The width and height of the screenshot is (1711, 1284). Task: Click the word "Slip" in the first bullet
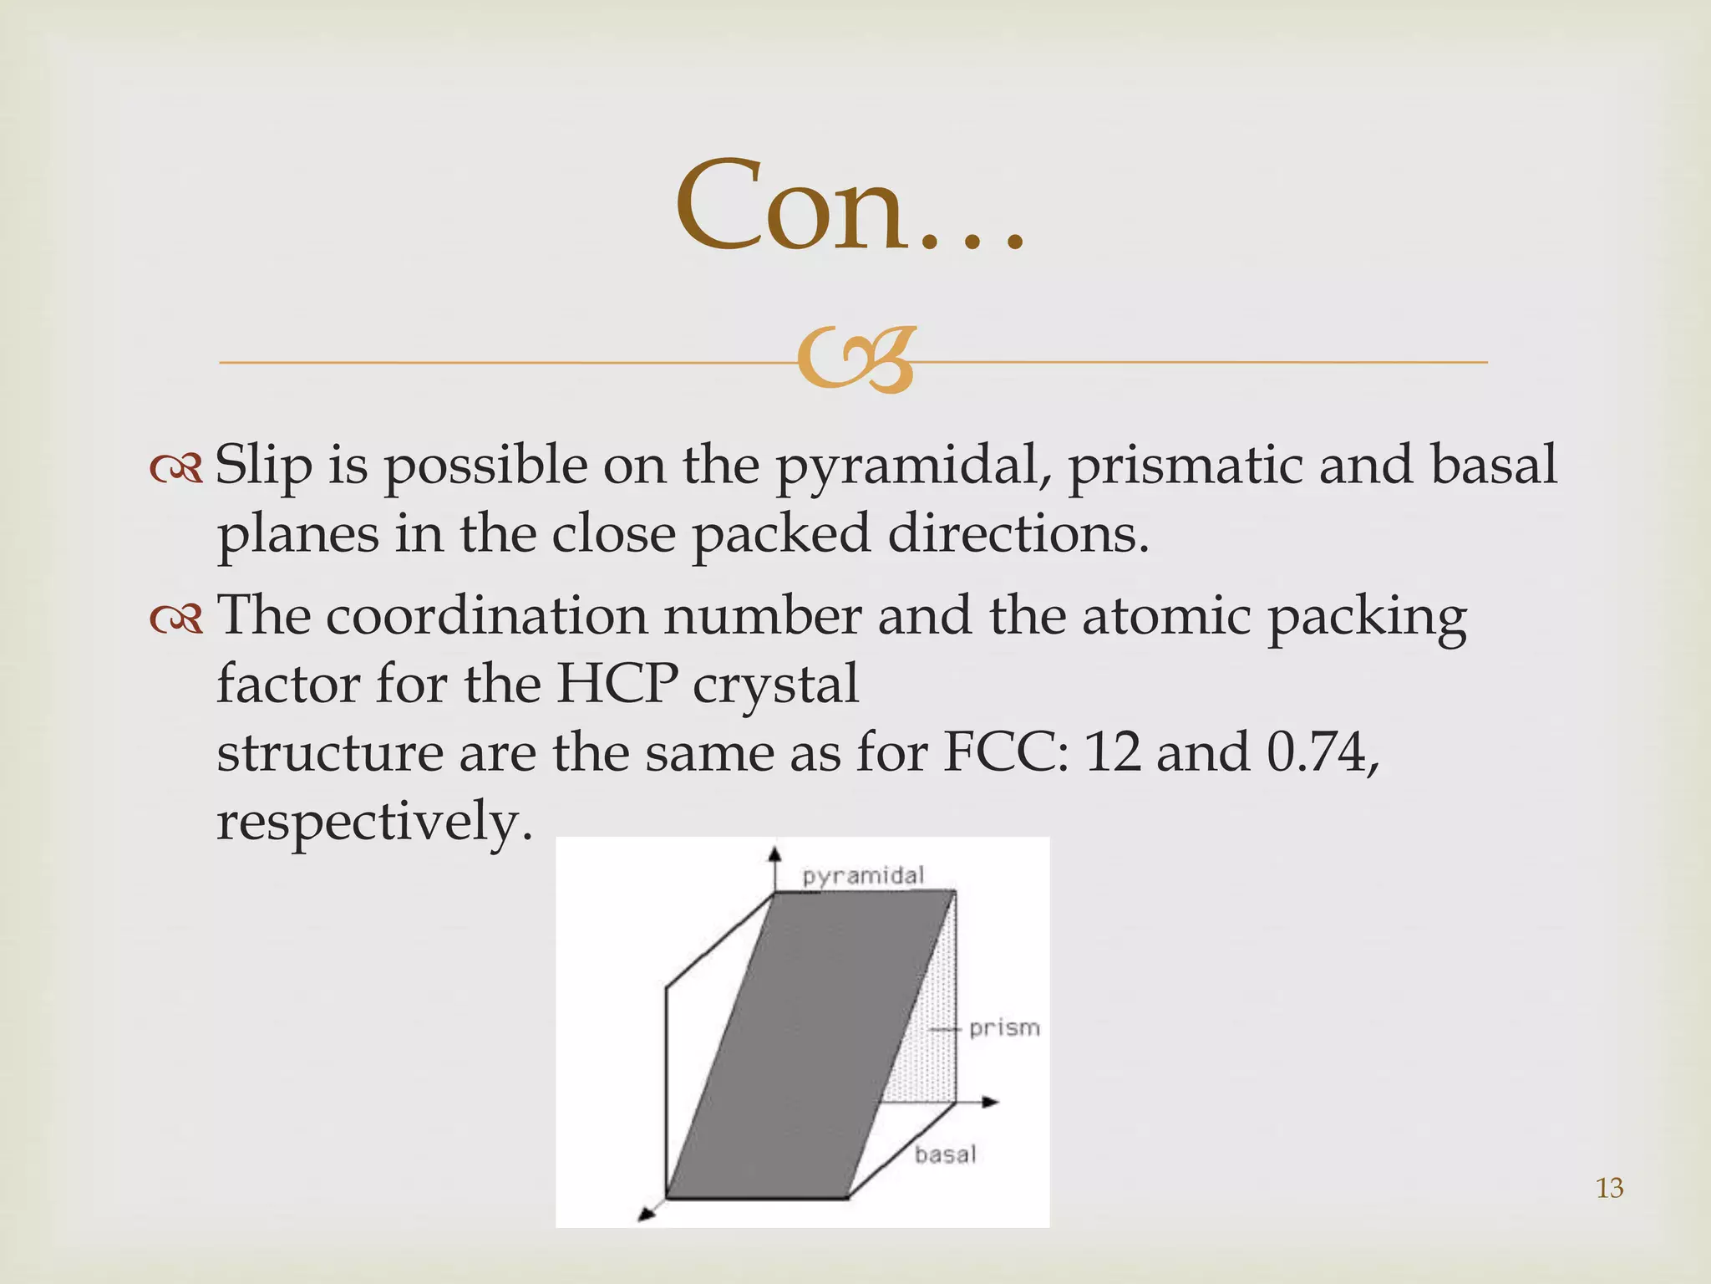(x=263, y=465)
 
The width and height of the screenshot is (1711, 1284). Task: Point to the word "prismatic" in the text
(x=1186, y=466)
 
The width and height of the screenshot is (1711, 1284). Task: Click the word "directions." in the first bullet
(x=1018, y=534)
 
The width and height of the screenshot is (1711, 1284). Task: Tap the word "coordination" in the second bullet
(x=487, y=617)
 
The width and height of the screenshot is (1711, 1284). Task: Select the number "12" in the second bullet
(x=1112, y=753)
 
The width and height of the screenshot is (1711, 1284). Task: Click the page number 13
(x=1609, y=1188)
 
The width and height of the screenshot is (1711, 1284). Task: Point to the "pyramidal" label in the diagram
(x=863, y=876)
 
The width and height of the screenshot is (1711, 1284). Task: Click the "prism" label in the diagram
(x=1004, y=1027)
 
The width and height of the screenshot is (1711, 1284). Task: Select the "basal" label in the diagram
(x=945, y=1154)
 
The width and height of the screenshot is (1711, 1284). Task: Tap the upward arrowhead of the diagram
(x=775, y=853)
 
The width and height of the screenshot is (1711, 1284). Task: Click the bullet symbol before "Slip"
(x=176, y=468)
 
